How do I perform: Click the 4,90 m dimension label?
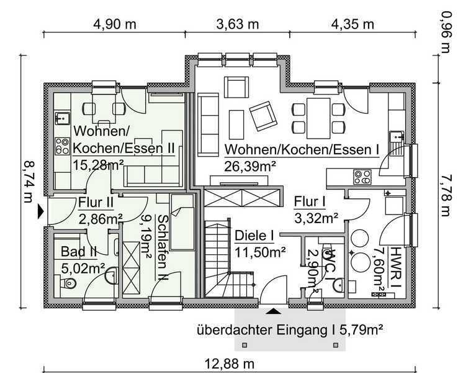114,24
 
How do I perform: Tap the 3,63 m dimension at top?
238,24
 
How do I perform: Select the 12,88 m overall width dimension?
230,364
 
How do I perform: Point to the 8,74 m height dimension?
29,182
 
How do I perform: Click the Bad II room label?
78,252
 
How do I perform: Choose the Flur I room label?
310,202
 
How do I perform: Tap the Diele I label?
254,236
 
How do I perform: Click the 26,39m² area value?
250,166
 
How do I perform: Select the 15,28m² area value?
98,165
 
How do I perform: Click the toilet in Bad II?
68,283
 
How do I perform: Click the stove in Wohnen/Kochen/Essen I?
362,177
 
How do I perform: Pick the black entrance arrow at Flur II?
40,211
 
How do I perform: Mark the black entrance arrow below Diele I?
274,311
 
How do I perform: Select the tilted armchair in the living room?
263,116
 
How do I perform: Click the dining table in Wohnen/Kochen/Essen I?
318,118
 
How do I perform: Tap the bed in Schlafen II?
182,223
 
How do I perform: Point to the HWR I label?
396,267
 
